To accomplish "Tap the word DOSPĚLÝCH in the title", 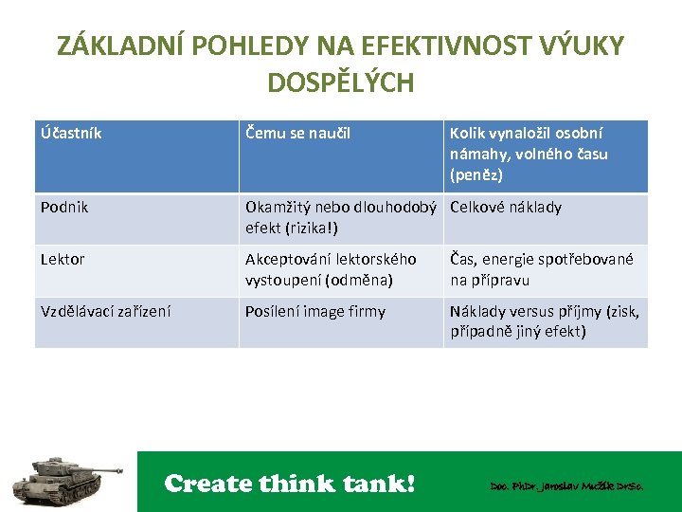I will (340, 83).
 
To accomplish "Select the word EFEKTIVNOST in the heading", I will (417, 46).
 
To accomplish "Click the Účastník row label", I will (71, 134).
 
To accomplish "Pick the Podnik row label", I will (64, 208).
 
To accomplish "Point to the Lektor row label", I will (63, 259).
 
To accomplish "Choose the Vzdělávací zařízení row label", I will (105, 311).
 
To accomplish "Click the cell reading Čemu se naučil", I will (297, 134).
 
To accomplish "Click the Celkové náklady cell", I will (506, 208).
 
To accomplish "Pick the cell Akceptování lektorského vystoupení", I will (330, 269).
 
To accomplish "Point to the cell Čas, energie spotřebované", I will (541, 269).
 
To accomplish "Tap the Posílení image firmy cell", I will (314, 311).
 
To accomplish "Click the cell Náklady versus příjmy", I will (544, 320).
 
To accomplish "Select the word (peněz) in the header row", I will (476, 175).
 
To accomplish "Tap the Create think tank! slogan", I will (290, 484).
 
